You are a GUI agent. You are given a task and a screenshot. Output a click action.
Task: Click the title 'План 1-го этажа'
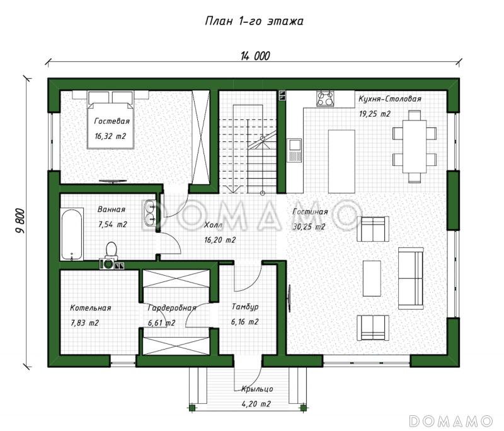tap(254, 21)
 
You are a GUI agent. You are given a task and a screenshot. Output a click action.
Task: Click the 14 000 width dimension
tap(255, 56)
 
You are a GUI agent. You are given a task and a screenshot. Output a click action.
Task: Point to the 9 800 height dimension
tap(20, 221)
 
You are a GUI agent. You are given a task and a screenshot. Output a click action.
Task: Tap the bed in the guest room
tap(111, 120)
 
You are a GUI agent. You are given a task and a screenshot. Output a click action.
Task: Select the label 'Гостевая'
tap(112, 121)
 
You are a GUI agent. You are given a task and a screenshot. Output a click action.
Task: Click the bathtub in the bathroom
tap(72, 234)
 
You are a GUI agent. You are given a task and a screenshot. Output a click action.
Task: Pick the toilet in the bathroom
tap(111, 251)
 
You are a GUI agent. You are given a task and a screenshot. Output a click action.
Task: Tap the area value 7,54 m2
tap(113, 225)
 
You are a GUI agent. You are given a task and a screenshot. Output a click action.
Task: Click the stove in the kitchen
tap(326, 98)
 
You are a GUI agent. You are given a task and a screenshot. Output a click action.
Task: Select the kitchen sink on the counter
tap(294, 150)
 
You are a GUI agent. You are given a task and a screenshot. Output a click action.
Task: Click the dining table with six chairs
tap(415, 146)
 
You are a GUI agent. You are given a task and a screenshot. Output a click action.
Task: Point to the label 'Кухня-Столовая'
tap(389, 99)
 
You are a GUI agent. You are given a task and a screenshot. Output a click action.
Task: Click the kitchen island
tap(341, 162)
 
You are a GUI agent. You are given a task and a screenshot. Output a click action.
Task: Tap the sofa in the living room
tap(411, 278)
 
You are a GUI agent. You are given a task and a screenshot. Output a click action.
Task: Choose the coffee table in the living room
tap(372, 278)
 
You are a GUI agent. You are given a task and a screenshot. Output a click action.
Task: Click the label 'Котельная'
tap(90, 308)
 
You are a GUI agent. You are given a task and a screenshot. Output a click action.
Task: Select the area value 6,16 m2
tap(244, 322)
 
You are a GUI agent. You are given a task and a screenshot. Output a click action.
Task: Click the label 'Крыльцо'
tap(258, 389)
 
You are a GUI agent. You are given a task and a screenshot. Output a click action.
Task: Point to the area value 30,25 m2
tap(309, 227)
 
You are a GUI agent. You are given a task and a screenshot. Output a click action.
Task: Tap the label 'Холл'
tap(213, 225)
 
